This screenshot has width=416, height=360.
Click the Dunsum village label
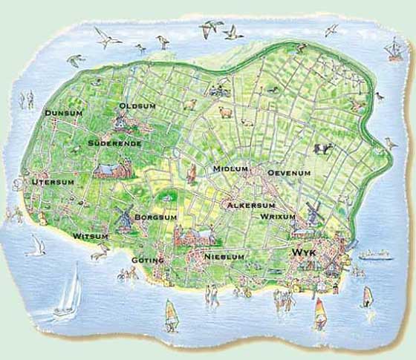(x=63, y=113)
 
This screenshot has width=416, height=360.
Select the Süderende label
(x=114, y=143)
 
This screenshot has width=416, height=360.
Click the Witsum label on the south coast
(x=91, y=236)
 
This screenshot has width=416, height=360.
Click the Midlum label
(x=230, y=169)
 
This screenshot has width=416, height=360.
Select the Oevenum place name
(x=289, y=172)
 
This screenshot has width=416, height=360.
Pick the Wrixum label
(x=278, y=217)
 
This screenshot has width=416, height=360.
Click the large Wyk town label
(x=305, y=253)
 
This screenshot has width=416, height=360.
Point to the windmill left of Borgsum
(x=124, y=217)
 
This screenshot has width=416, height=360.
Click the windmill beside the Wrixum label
(x=313, y=209)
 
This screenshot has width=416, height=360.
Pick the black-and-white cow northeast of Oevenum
(x=323, y=148)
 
